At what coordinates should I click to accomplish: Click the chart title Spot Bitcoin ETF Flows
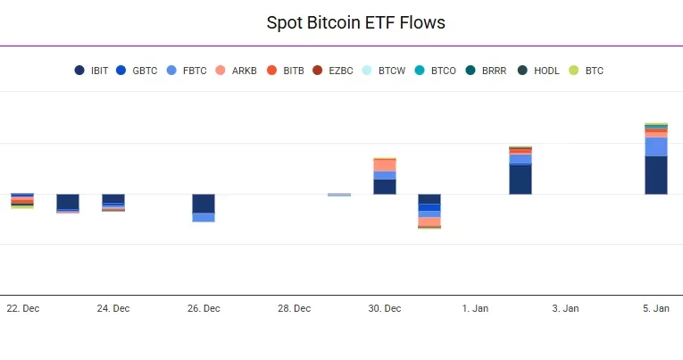(355, 22)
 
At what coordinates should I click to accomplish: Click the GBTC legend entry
(137, 70)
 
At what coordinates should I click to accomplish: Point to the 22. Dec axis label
(22, 308)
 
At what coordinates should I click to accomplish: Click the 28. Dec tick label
(294, 308)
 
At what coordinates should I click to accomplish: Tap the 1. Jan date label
(475, 308)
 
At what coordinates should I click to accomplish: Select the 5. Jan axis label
(656, 308)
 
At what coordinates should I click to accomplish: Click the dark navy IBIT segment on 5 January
(656, 175)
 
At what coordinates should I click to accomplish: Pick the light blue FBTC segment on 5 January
(656, 147)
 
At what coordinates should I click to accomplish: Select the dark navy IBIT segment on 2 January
(521, 180)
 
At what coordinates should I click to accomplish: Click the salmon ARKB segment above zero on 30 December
(385, 165)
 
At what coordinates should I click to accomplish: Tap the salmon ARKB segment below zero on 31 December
(429, 222)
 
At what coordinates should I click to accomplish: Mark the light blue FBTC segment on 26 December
(204, 217)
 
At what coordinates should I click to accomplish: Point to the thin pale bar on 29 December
(339, 194)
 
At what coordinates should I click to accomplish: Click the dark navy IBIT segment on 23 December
(68, 201)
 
